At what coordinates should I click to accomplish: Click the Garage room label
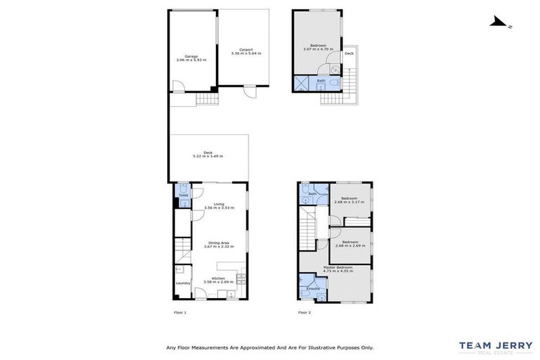tap(191, 56)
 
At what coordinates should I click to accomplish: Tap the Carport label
tap(246, 49)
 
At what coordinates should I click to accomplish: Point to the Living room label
tap(219, 204)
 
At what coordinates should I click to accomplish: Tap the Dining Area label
tap(219, 243)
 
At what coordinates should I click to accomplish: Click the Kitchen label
tap(218, 278)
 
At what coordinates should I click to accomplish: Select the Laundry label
tap(182, 283)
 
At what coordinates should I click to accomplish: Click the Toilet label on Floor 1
tap(183, 195)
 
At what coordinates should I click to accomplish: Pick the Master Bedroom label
tap(338, 267)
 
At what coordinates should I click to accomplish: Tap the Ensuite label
tap(314, 288)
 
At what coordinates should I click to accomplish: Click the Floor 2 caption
tap(304, 312)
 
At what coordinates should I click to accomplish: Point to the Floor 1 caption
tap(180, 312)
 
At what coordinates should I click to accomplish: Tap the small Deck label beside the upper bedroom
tap(349, 53)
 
